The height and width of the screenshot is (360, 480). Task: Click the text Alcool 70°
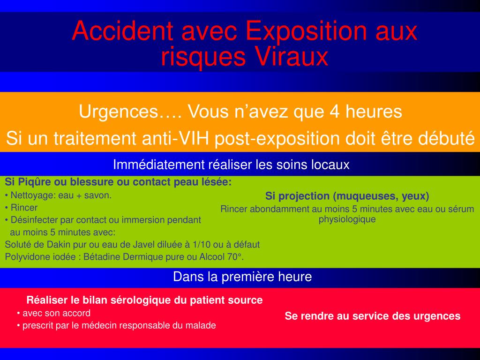225,256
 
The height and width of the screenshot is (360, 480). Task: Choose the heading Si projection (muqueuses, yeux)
347,196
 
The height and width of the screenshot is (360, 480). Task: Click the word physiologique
347,219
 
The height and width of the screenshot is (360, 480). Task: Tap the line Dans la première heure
242,277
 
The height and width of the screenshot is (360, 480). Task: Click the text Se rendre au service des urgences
373,316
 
